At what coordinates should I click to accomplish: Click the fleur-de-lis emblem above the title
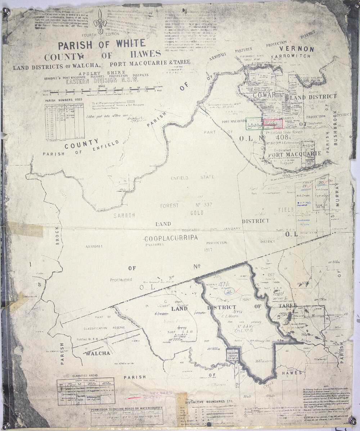click(x=100, y=22)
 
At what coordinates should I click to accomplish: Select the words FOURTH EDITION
click(x=95, y=35)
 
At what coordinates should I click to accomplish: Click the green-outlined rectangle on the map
click(x=254, y=123)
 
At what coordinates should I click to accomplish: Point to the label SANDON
click(x=124, y=215)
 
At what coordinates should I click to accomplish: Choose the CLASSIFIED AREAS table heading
click(x=85, y=375)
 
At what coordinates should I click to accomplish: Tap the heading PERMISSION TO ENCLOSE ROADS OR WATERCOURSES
click(x=126, y=408)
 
